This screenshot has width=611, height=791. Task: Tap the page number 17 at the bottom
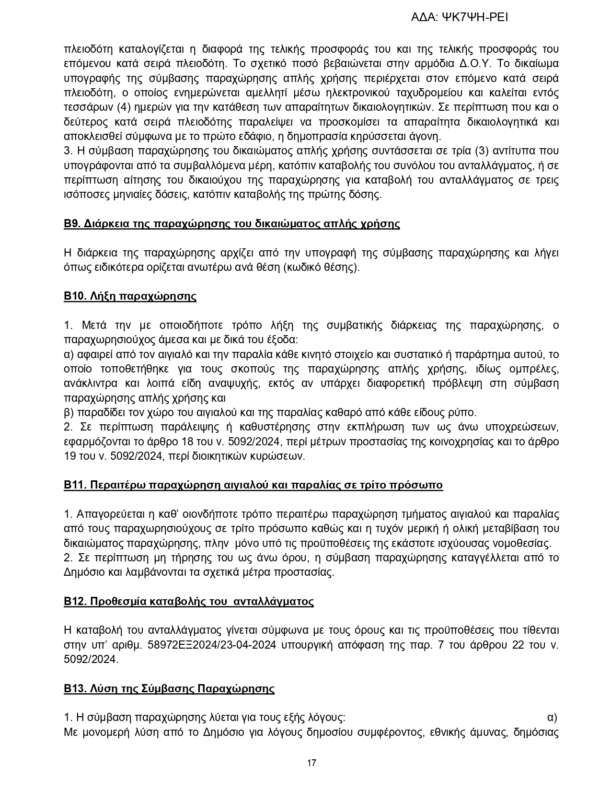click(311, 763)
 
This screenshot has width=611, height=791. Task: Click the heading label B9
click(72, 224)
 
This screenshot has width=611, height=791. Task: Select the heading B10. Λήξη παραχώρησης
click(130, 296)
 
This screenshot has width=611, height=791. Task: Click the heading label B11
click(74, 485)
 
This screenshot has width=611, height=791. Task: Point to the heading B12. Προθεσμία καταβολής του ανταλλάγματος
click(189, 602)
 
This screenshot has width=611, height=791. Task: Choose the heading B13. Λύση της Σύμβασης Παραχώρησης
click(169, 689)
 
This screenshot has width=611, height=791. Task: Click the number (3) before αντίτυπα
click(481, 151)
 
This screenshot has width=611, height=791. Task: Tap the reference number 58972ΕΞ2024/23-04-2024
click(211, 645)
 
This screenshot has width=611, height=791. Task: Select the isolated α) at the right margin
click(552, 718)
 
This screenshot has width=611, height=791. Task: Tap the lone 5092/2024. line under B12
click(91, 660)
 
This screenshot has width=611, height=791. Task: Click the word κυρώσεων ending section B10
click(282, 456)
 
